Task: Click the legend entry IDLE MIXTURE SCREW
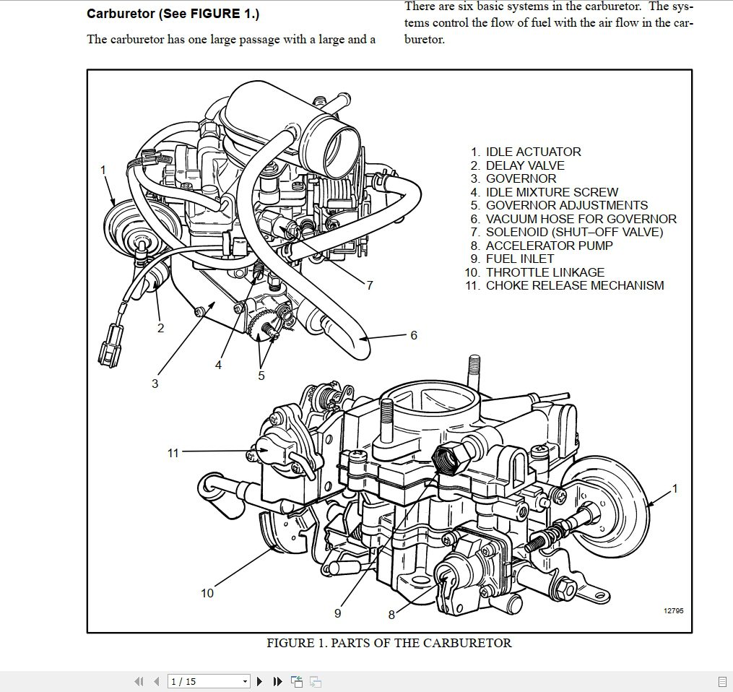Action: coord(552,192)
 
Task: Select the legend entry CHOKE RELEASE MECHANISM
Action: coord(574,285)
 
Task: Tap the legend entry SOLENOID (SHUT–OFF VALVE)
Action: coord(574,232)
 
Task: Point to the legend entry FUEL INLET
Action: coord(520,259)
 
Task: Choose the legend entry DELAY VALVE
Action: coord(525,165)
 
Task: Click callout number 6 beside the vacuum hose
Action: coord(414,335)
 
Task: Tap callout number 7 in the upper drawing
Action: coord(370,285)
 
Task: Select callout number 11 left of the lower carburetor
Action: coord(173,454)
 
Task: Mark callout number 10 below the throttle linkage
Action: coord(207,593)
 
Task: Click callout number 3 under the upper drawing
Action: coord(155,384)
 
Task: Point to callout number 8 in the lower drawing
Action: coord(391,615)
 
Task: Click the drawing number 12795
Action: coord(673,611)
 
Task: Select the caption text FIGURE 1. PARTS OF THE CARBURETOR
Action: coord(389,643)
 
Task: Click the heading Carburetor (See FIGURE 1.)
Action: coord(173,14)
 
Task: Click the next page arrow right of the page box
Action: coord(260,681)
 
